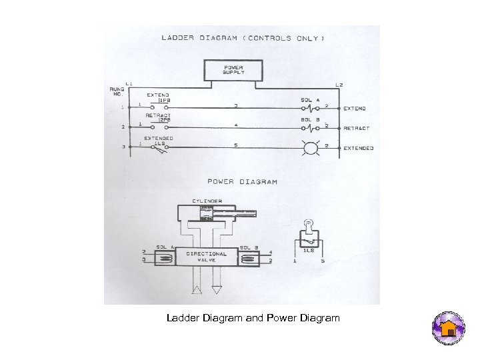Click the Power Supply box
[233, 69]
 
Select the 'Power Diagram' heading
[243, 181]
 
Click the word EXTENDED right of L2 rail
[358, 148]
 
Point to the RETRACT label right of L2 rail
[356, 128]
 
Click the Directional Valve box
[206, 256]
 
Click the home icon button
[449, 328]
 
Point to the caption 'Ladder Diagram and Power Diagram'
[253, 319]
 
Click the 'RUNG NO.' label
[117, 92]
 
